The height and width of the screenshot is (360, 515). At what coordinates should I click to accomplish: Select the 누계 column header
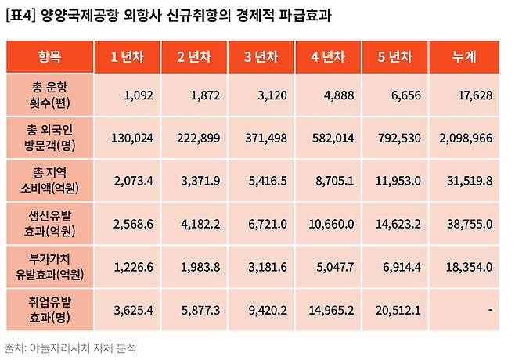pyautogui.click(x=465, y=57)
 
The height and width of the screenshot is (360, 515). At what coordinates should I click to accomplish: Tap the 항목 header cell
pyautogui.click(x=49, y=57)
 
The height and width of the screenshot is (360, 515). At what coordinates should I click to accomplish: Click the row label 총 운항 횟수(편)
pyautogui.click(x=49, y=96)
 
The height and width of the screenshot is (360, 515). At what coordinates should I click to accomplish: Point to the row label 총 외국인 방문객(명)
pyautogui.click(x=49, y=139)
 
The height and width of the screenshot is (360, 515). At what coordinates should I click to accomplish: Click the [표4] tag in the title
pyautogui.click(x=20, y=16)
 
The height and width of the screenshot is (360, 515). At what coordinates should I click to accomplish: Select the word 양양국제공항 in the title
pyautogui.click(x=79, y=16)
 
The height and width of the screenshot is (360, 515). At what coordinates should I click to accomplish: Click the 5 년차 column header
pyautogui.click(x=397, y=57)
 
